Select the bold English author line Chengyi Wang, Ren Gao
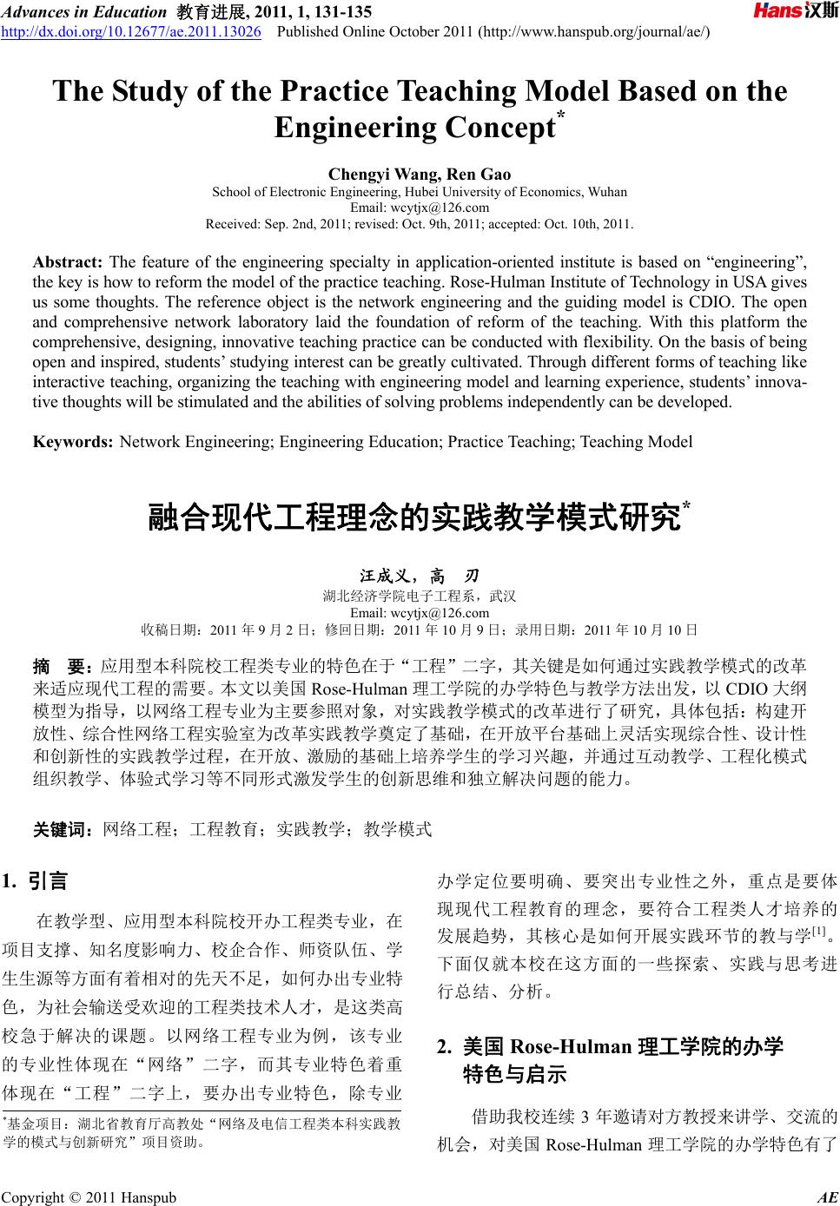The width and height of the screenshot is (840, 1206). pos(420,175)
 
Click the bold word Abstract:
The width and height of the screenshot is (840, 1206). pos(68,262)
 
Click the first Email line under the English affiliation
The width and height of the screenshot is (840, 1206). pos(420,208)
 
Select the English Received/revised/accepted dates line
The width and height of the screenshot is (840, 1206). pos(420,224)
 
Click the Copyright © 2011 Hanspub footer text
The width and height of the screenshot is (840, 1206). pos(89,1198)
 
